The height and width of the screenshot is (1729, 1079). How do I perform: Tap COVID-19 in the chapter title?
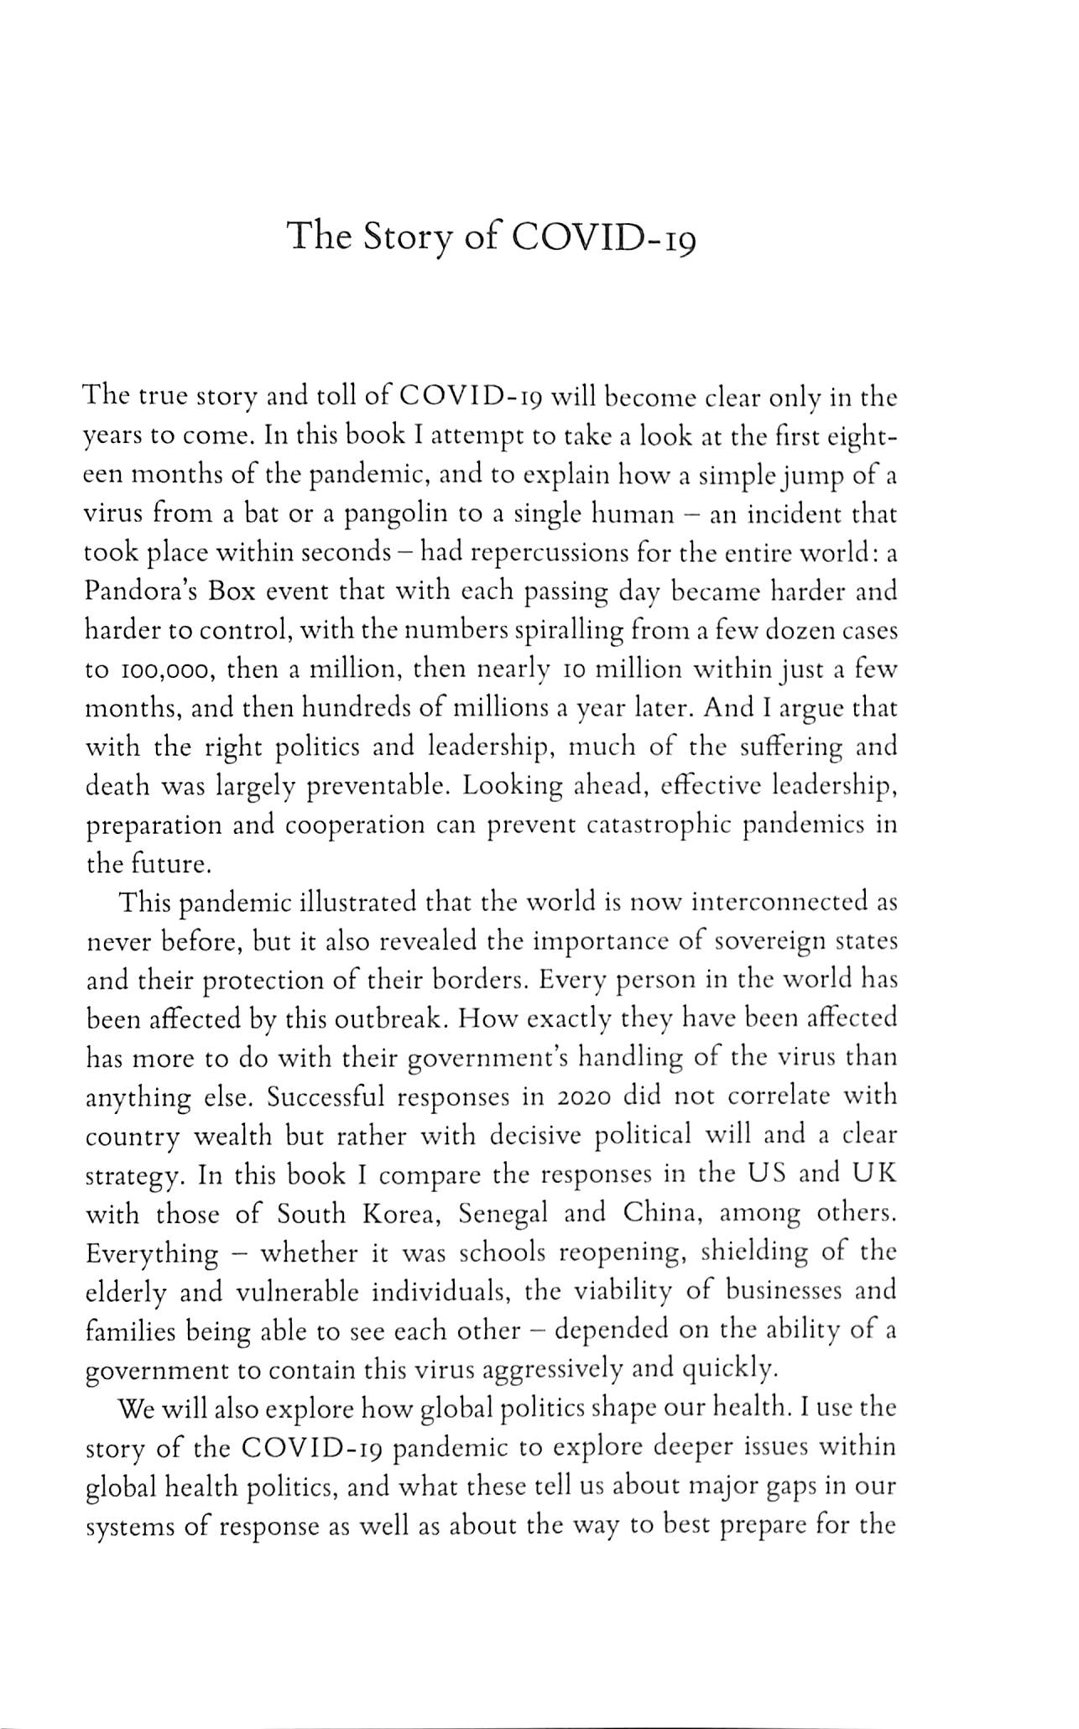(603, 237)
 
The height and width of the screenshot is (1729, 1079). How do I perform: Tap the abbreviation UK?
(874, 1174)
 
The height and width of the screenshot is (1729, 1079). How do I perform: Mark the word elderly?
(128, 1292)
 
